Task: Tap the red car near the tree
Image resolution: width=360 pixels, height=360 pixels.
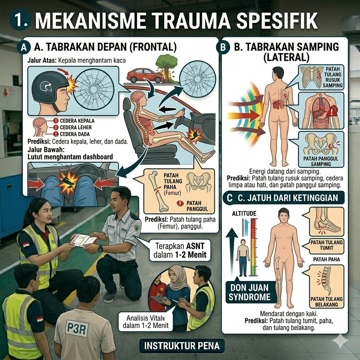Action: [144, 75]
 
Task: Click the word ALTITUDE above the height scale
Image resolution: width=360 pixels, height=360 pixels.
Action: [244, 213]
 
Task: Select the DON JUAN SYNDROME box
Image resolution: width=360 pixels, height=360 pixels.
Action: [249, 291]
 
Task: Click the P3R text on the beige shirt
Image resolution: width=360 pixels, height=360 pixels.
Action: [77, 328]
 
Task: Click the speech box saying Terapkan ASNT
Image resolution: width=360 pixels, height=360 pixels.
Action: [180, 250]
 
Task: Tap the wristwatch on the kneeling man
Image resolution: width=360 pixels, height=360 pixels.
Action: [101, 249]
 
